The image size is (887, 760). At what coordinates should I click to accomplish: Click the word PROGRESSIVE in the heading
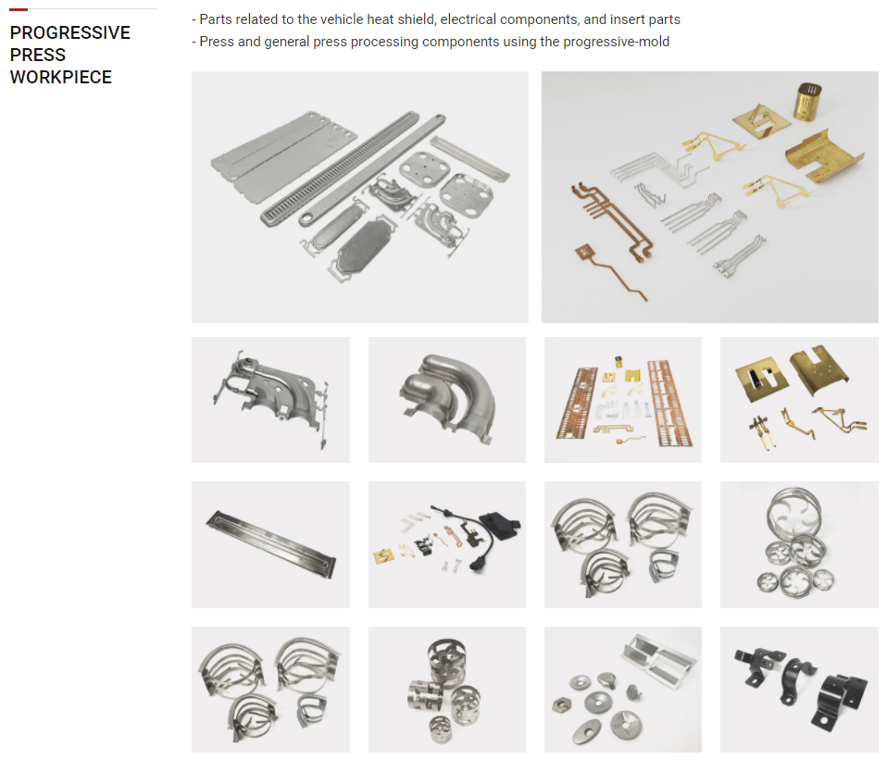(70, 32)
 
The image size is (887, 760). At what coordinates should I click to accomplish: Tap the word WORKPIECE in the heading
(61, 77)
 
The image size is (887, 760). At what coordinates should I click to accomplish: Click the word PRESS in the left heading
(38, 55)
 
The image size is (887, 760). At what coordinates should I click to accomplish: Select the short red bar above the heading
(19, 9)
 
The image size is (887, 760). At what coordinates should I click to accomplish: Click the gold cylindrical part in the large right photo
(807, 102)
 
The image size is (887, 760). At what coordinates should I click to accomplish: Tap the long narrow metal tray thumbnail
(270, 544)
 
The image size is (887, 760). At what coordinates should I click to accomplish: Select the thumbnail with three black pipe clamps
(799, 690)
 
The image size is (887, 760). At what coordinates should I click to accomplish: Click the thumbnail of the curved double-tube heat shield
(447, 400)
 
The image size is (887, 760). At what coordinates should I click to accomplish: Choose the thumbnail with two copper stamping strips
(623, 400)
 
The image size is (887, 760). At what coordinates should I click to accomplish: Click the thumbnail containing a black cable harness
(447, 544)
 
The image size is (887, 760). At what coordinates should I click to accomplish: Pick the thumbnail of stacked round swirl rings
(799, 544)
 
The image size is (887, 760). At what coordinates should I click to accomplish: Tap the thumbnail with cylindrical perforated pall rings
(447, 690)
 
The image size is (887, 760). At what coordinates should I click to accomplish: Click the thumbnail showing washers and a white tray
(623, 690)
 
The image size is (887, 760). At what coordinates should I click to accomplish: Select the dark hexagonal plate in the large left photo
(364, 245)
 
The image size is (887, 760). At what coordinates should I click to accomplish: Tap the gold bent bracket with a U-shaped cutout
(824, 155)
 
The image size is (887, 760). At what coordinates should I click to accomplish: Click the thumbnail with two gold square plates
(799, 400)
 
